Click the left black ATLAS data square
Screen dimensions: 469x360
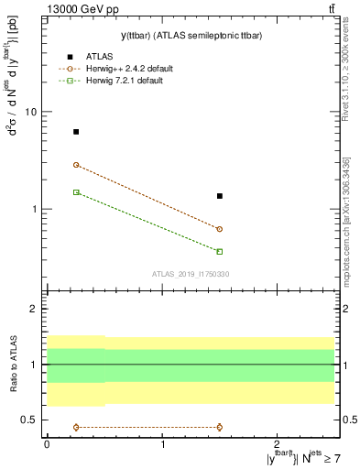point(76,132)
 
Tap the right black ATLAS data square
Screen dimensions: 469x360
point(220,196)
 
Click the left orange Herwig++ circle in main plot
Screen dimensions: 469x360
point(76,165)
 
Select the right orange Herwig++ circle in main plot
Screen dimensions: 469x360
point(220,229)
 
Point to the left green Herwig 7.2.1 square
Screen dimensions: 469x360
point(76,192)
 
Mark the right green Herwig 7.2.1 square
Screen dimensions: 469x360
point(220,251)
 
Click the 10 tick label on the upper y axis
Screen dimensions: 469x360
point(31,112)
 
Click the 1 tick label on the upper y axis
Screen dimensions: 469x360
point(35,209)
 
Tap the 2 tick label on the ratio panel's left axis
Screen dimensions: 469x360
point(35,310)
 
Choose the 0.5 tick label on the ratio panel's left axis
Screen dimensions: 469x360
point(30,420)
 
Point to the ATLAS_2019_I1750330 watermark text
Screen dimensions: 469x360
point(191,274)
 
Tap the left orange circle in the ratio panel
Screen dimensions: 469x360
point(76,427)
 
